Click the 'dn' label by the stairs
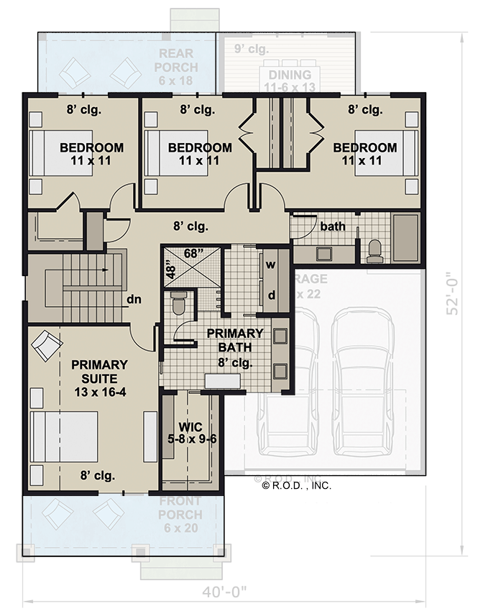click(x=133, y=298)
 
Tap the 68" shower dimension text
click(x=193, y=252)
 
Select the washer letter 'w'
click(x=271, y=264)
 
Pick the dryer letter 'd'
click(x=271, y=295)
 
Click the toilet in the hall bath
click(x=374, y=249)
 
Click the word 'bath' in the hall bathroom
click(x=333, y=226)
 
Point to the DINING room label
click(x=290, y=81)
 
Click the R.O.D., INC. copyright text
click(x=297, y=485)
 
